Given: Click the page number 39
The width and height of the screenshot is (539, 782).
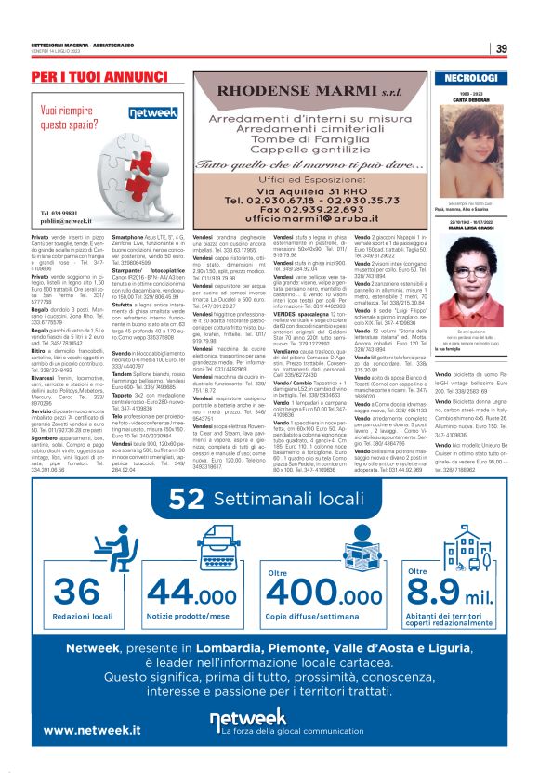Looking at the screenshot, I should [x=502, y=49].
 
